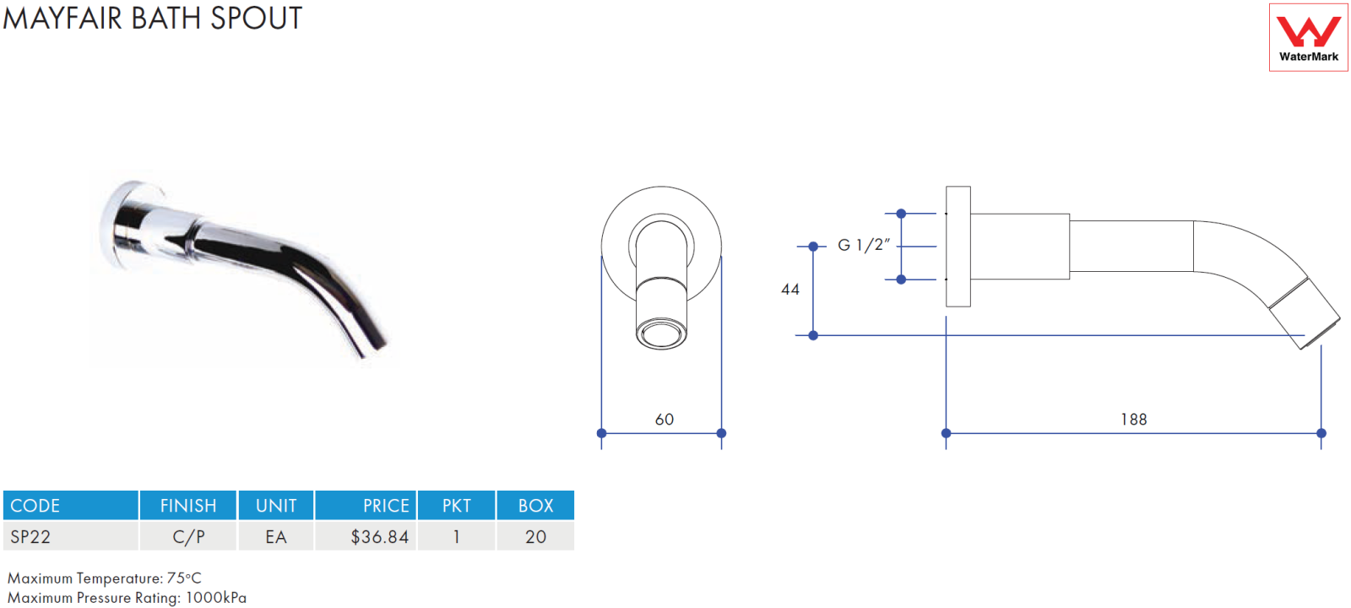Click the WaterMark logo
point(1308,37)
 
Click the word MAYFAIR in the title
point(62,18)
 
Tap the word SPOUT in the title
point(256,18)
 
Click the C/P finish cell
point(189,537)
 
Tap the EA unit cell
point(275,537)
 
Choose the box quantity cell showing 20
point(535,537)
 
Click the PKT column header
point(457,506)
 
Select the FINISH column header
point(188,506)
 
